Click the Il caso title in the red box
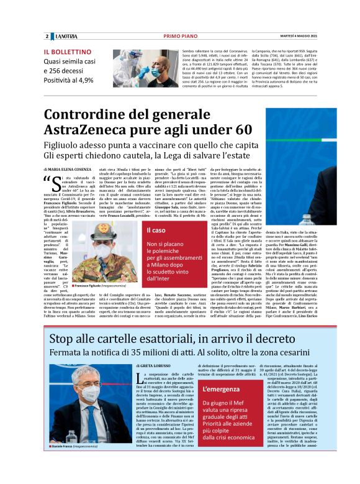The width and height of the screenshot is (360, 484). (156, 231)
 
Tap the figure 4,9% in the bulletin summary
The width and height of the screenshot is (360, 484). (83, 80)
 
